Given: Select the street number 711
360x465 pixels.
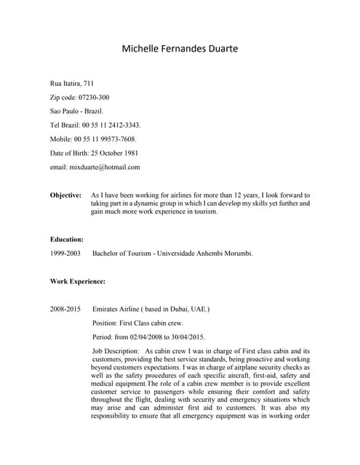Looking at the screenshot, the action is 88,84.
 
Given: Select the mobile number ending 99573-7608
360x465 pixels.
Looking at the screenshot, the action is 116,139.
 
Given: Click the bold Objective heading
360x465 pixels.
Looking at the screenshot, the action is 65,195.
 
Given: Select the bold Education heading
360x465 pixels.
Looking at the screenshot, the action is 66,238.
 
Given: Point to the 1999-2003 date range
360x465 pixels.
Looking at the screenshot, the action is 65,253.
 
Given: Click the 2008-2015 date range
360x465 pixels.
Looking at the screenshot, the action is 65,309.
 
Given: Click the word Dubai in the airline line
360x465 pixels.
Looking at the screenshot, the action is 185,309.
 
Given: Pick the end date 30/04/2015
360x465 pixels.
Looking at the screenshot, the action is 188,336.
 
